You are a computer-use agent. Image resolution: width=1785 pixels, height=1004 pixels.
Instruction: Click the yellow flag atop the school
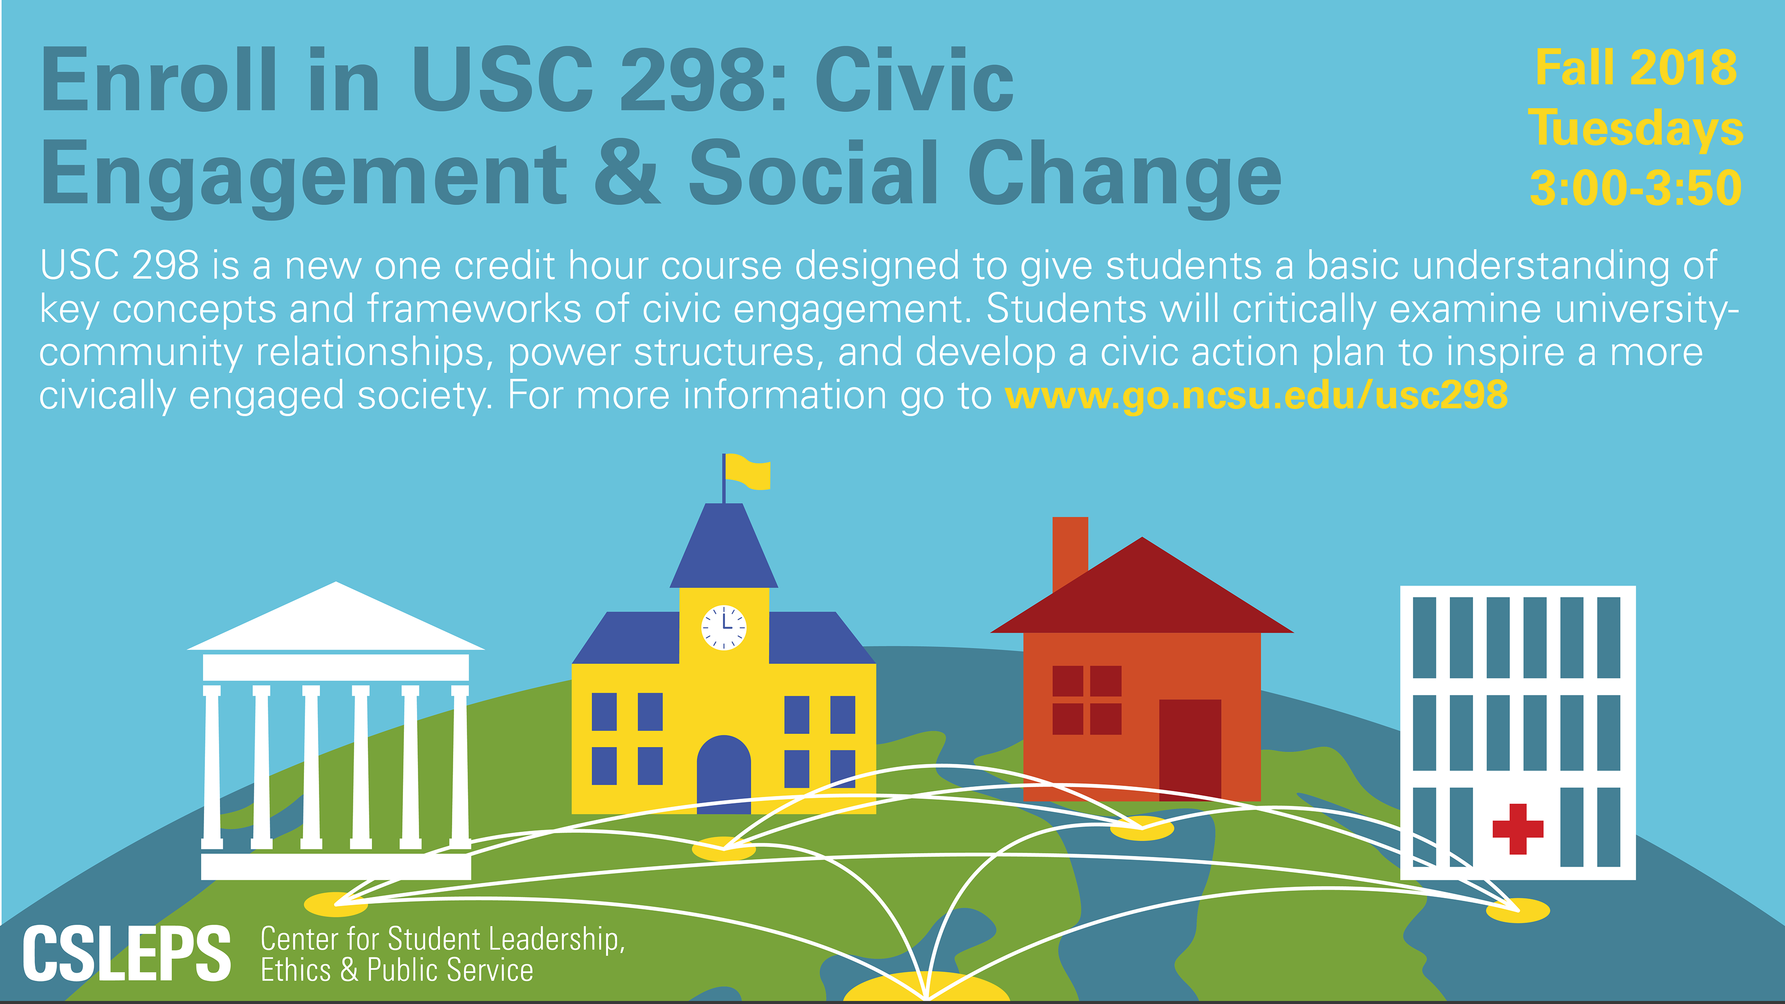[x=747, y=473]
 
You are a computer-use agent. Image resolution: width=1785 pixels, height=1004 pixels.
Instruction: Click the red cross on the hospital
[x=1518, y=829]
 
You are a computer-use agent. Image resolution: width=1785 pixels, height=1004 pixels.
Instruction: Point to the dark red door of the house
[x=1190, y=750]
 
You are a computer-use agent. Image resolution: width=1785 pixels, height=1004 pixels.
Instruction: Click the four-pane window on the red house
[x=1086, y=700]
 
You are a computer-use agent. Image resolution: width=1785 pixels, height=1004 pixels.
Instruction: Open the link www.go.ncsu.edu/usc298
[x=1256, y=395]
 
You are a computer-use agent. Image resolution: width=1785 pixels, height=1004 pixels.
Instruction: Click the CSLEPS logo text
[x=127, y=954]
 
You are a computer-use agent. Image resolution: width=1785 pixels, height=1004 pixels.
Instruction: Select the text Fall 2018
[x=1636, y=68]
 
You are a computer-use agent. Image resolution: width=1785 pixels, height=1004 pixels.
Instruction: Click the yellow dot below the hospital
[x=1518, y=910]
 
